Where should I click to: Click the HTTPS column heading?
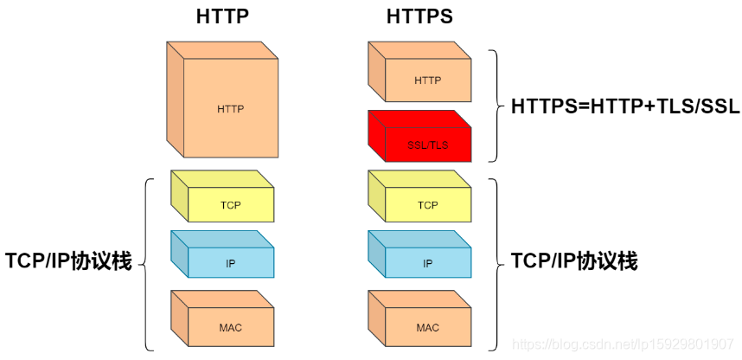419,16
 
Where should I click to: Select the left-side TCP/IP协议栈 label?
68,261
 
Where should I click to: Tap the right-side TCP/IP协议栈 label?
574,261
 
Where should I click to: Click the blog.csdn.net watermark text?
623,344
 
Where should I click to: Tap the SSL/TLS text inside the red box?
427,145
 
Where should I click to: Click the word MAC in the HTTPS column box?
427,328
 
